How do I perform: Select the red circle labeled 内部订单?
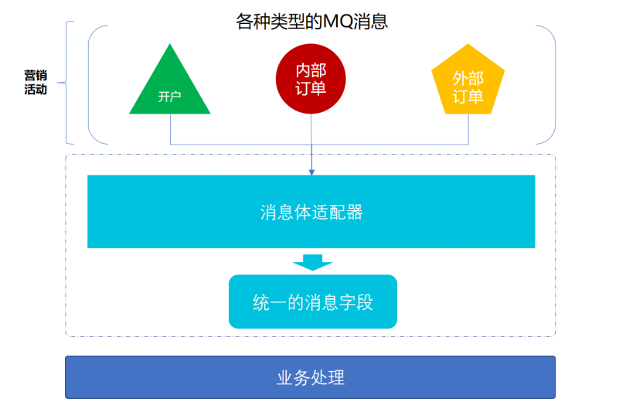tap(311, 80)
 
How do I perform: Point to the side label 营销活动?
tap(36, 82)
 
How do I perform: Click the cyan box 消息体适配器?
tap(311, 211)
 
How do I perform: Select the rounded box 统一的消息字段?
tap(312, 302)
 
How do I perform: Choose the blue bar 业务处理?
tap(310, 377)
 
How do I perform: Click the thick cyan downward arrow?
tap(312, 262)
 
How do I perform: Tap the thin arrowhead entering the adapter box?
tap(311, 170)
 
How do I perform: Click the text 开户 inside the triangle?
tap(169, 97)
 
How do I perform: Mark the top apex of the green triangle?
tap(169, 45)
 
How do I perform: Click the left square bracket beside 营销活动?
tap(68, 82)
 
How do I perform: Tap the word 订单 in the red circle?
tap(311, 88)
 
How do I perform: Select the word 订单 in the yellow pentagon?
tap(468, 97)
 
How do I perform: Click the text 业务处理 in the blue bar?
tap(310, 377)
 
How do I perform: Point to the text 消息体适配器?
tap(311, 212)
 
